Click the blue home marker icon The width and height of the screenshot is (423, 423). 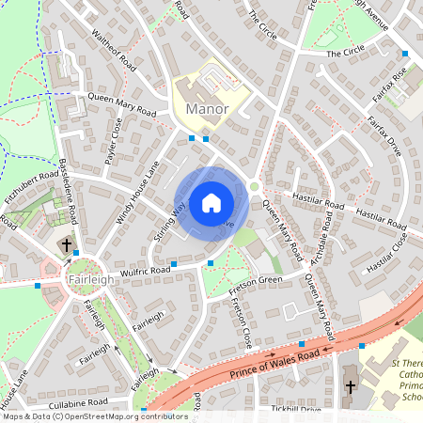coord(211,203)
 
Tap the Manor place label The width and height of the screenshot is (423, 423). coord(208,109)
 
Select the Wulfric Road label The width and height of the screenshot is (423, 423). coord(146,271)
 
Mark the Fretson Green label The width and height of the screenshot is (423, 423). coord(257,280)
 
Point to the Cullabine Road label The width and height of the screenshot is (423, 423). coord(79,402)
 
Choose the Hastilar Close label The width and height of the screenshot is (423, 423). coord(388,255)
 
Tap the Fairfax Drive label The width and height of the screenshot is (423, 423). coord(384,135)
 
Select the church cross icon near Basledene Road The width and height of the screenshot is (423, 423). coord(67,246)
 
